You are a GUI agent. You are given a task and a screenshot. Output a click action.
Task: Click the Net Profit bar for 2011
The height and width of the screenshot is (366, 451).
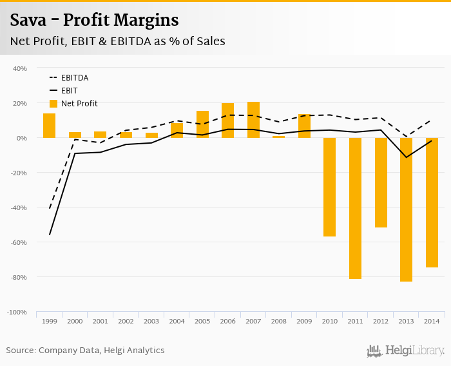click(x=355, y=208)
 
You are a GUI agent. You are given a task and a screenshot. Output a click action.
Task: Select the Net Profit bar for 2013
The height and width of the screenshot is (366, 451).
click(x=406, y=209)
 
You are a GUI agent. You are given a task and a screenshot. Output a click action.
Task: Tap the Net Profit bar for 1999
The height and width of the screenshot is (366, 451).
click(x=49, y=126)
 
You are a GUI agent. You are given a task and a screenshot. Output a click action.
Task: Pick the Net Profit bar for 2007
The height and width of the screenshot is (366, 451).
click(x=253, y=120)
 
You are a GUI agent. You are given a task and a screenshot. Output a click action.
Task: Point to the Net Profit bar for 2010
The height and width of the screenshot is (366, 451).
click(x=329, y=187)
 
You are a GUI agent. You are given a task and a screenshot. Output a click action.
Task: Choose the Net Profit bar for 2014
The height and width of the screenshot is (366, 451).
click(x=431, y=202)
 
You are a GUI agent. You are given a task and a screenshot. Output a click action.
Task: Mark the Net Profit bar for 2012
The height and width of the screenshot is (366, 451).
click(x=381, y=182)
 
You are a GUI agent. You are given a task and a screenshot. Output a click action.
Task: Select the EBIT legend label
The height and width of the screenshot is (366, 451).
click(x=70, y=90)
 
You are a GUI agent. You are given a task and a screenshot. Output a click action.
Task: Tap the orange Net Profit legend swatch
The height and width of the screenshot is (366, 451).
click(x=53, y=103)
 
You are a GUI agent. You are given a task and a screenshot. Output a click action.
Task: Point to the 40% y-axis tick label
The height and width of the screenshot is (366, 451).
click(x=19, y=68)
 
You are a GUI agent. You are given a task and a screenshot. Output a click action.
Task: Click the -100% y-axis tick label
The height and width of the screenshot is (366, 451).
click(x=17, y=312)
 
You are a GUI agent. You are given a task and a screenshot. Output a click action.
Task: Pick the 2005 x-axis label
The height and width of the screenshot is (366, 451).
click(x=202, y=321)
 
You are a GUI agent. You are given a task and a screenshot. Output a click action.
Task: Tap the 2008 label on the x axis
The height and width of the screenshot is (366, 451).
click(x=278, y=321)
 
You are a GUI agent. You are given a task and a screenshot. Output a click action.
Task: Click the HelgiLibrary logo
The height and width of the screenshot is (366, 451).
click(x=406, y=351)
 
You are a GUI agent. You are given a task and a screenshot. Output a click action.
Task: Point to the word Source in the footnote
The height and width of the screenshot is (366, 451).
click(x=21, y=351)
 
